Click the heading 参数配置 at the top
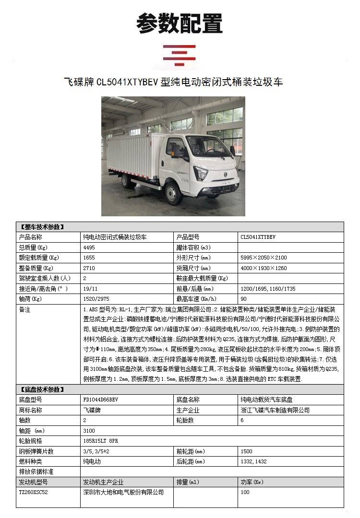pos(180,23)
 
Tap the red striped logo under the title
pos(180,55)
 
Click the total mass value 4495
pos(89,248)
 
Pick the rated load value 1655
pos(89,258)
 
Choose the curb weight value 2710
pos(89,268)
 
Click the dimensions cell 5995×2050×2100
pos(264,258)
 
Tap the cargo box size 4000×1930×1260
pos(264,268)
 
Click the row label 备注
pos(24,310)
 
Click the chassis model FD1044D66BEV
pos(100,400)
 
